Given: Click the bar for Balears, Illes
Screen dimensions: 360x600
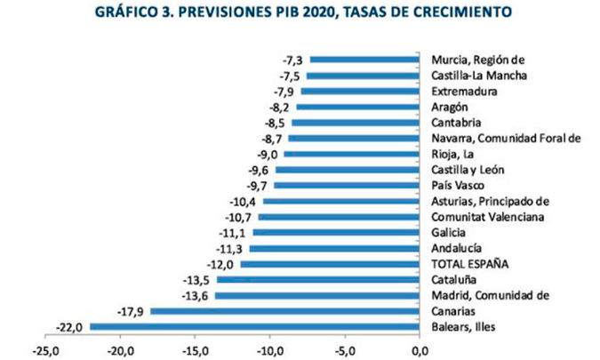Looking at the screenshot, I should [x=255, y=327].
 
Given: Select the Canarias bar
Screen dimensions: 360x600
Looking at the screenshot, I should [x=285, y=311].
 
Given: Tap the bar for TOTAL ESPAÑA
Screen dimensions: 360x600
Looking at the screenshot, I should [x=330, y=264].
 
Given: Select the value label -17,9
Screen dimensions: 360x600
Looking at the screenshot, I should [x=131, y=311].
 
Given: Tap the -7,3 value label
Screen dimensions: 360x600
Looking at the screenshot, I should [x=293, y=60].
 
